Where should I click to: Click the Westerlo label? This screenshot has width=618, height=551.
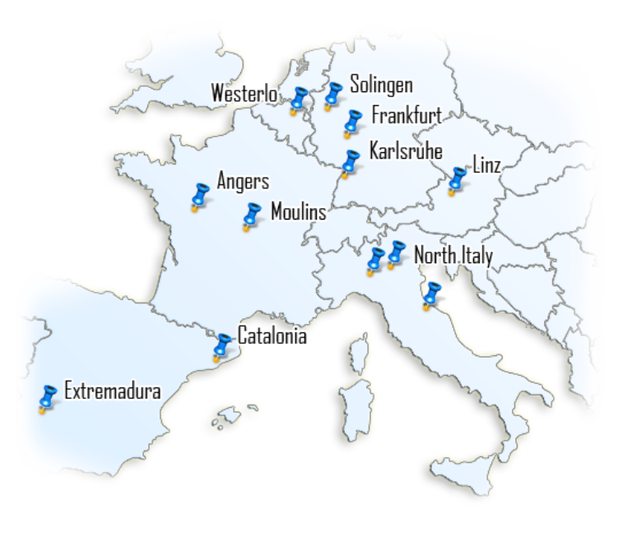pyautogui.click(x=244, y=94)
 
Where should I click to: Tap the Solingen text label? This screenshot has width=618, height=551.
pyautogui.click(x=381, y=85)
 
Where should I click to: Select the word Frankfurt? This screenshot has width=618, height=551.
pyautogui.click(x=407, y=114)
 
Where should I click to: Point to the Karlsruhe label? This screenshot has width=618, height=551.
pyautogui.click(x=406, y=150)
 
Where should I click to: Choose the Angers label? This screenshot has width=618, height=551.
pyautogui.click(x=243, y=181)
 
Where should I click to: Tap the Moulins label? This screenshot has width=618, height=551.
pyautogui.click(x=298, y=213)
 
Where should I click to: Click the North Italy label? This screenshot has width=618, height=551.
pyautogui.click(x=453, y=256)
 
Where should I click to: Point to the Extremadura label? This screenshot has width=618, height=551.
pyautogui.click(x=112, y=390)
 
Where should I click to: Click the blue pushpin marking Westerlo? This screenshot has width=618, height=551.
pyautogui.click(x=298, y=100)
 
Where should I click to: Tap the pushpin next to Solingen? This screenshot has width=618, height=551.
pyautogui.click(x=333, y=94)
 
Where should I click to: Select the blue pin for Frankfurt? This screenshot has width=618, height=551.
pyautogui.click(x=353, y=123)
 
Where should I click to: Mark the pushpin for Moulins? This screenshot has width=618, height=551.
pyautogui.click(x=251, y=215)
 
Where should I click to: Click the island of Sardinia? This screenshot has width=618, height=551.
pyautogui.click(x=356, y=415)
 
